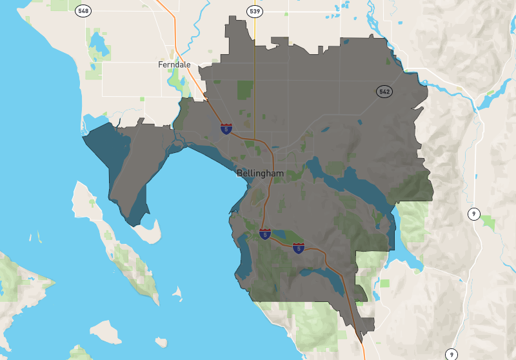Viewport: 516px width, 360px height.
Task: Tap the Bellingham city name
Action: (x=260, y=173)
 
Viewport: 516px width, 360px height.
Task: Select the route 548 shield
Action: (x=83, y=11)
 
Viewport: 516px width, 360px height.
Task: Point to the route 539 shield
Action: (x=254, y=11)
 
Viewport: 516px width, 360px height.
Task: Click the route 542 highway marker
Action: (x=384, y=92)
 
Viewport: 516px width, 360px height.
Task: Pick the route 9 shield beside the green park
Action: (x=474, y=214)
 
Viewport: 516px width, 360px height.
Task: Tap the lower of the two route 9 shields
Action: (x=451, y=354)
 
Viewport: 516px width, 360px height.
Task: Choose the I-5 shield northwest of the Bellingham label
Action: (x=226, y=129)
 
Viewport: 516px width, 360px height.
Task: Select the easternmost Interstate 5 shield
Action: (x=298, y=248)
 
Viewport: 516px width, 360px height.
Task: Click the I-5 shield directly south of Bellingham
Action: (x=265, y=234)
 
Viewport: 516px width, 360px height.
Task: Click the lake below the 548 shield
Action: (x=100, y=44)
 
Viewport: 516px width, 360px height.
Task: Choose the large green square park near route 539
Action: (x=245, y=90)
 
